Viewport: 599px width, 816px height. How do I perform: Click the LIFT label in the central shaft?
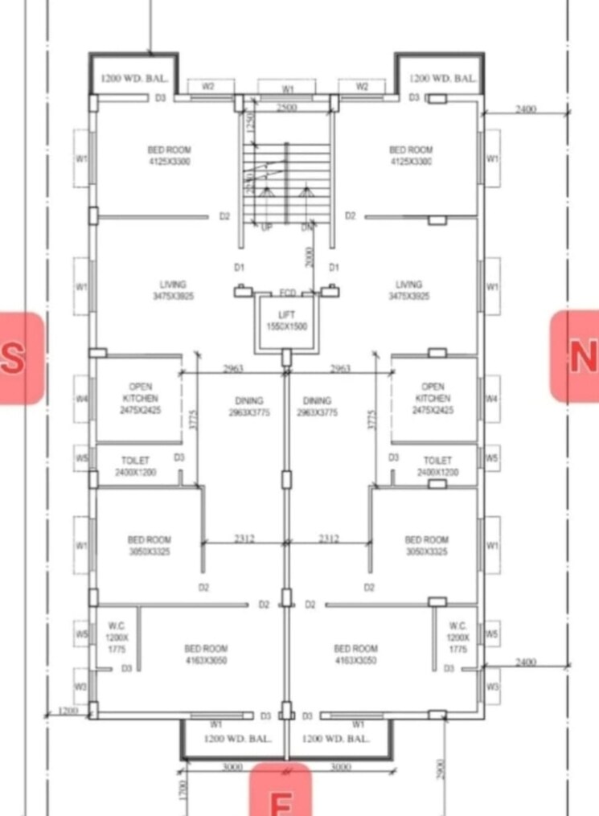[287, 314]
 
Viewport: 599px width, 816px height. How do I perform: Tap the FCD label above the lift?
[287, 293]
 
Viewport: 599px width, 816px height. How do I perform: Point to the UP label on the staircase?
[266, 228]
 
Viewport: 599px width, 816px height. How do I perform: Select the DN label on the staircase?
[306, 228]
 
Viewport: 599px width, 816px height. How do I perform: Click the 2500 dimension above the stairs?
[286, 108]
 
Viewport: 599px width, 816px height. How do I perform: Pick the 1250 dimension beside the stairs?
[251, 125]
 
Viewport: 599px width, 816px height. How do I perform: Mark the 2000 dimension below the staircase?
[310, 257]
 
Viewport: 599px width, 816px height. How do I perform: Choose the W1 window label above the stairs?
[288, 88]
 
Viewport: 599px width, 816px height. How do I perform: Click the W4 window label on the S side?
[81, 399]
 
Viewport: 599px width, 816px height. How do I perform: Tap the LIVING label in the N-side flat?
[408, 289]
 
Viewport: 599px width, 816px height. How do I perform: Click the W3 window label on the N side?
[492, 687]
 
